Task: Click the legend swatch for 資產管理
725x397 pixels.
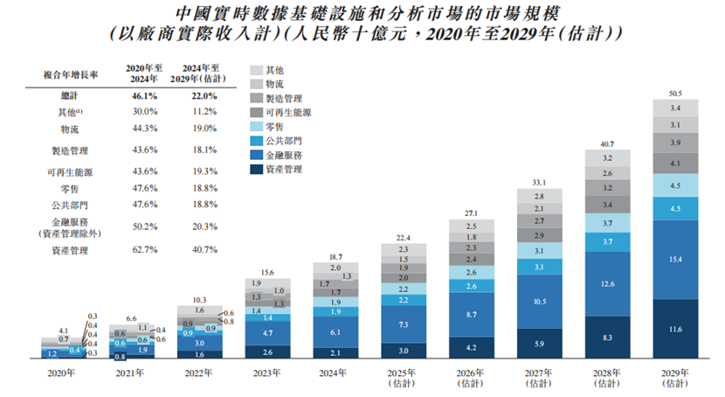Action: [256, 169]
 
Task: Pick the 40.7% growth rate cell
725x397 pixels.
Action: [202, 250]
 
